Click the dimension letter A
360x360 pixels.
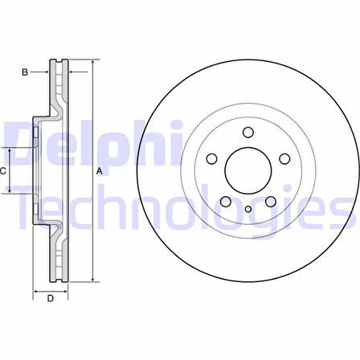point(100,171)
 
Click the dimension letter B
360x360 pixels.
point(26,72)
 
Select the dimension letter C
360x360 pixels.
point(4,171)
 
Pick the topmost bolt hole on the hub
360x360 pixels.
point(247,133)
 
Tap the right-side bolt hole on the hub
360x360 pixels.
point(283,159)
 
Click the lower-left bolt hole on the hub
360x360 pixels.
point(226,201)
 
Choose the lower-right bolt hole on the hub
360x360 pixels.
point(269,201)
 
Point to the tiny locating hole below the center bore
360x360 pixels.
point(248,210)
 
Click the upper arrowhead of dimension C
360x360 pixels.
point(10,151)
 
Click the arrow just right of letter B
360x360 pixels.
point(46,72)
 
